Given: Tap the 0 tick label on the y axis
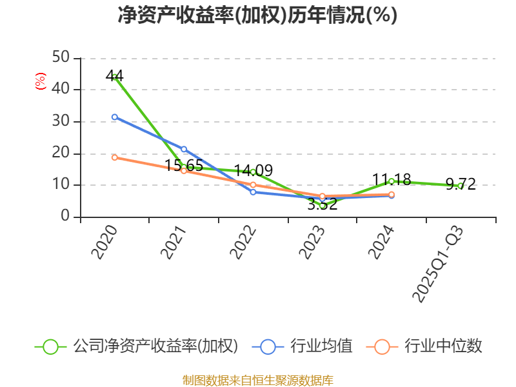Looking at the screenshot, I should pyautogui.click(x=65, y=217).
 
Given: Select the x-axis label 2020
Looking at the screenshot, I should pyautogui.click(x=104, y=242).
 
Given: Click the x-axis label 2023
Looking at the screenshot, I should pyautogui.click(x=312, y=242).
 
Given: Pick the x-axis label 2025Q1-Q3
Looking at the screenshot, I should pyautogui.click(x=439, y=264).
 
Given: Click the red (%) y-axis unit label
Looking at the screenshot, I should pyautogui.click(x=41, y=81).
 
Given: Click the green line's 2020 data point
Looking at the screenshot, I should pyautogui.click(x=115, y=77).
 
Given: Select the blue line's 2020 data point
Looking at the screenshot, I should pyautogui.click(x=115, y=117).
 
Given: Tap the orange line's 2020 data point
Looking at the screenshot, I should pyautogui.click(x=115, y=157).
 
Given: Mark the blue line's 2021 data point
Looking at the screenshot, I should pyautogui.click(x=184, y=149).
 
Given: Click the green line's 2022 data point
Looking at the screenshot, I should pyautogui.click(x=253, y=172).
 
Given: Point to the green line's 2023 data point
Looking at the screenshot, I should pyautogui.click(x=322, y=205).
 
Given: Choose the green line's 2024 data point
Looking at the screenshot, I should pyautogui.click(x=392, y=181).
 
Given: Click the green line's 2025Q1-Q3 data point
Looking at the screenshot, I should pyautogui.click(x=460, y=186).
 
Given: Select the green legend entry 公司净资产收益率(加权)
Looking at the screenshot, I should pyautogui.click(x=136, y=346).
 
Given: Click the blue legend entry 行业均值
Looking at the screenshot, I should pyautogui.click(x=306, y=346).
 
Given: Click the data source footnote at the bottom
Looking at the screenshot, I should pyautogui.click(x=257, y=380).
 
